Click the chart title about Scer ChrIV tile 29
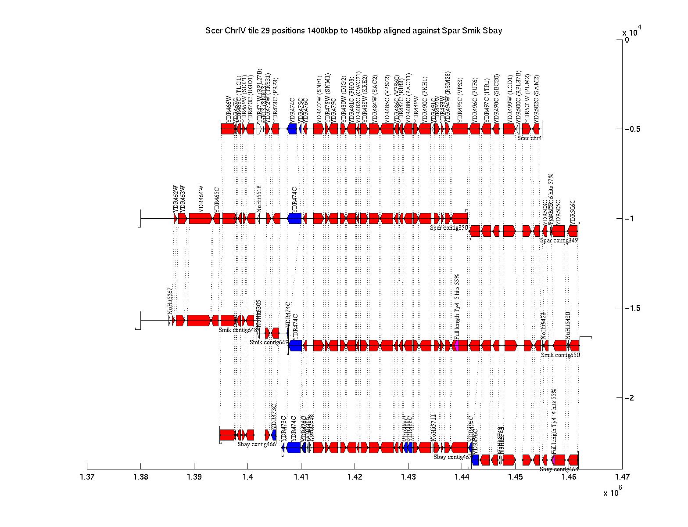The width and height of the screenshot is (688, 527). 354,31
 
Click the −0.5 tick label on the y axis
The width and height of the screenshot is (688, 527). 632,129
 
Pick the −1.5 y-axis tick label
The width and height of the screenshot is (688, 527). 632,308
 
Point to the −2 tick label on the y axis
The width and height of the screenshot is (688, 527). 630,398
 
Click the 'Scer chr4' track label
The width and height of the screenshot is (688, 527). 529,138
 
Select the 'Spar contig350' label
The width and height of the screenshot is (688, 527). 449,227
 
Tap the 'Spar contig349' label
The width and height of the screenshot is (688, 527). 559,240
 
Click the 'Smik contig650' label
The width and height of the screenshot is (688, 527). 560,355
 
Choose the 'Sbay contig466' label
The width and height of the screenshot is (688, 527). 257,444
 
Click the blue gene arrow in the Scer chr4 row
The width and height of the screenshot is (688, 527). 292,129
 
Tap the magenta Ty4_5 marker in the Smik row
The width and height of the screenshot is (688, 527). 456,345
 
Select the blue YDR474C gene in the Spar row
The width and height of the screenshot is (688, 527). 294,218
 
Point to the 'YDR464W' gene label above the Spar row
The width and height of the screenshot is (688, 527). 201,199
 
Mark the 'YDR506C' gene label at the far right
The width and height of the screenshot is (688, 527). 573,212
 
